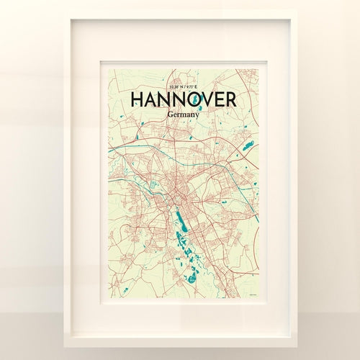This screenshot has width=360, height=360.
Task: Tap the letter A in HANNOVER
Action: [x=153, y=99]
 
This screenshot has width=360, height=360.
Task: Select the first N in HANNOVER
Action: [x=168, y=99]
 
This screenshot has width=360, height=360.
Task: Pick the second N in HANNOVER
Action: [x=184, y=99]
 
